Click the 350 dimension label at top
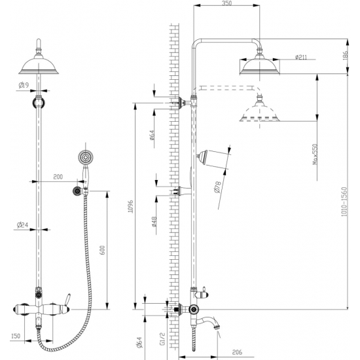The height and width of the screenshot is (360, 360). [x=227, y=3]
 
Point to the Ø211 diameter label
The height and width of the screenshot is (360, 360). [x=301, y=57]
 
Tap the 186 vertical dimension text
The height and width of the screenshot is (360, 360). [x=346, y=56]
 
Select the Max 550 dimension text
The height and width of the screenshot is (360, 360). [x=315, y=154]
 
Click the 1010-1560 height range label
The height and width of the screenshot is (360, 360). [x=344, y=202]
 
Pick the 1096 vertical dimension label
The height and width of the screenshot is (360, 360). [x=130, y=206]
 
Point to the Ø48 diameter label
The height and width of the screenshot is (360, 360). [x=154, y=222]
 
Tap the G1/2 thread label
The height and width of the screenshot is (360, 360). [x=162, y=338]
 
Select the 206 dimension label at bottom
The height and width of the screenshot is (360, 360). [x=237, y=352]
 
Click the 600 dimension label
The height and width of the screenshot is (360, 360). [x=103, y=250]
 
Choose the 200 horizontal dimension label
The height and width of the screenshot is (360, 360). [x=58, y=177]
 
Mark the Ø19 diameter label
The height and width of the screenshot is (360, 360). [x=24, y=85]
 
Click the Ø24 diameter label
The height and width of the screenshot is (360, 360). [x=22, y=225]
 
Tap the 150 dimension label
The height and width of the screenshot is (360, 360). [x=16, y=336]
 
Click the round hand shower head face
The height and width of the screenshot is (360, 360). [x=86, y=158]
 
